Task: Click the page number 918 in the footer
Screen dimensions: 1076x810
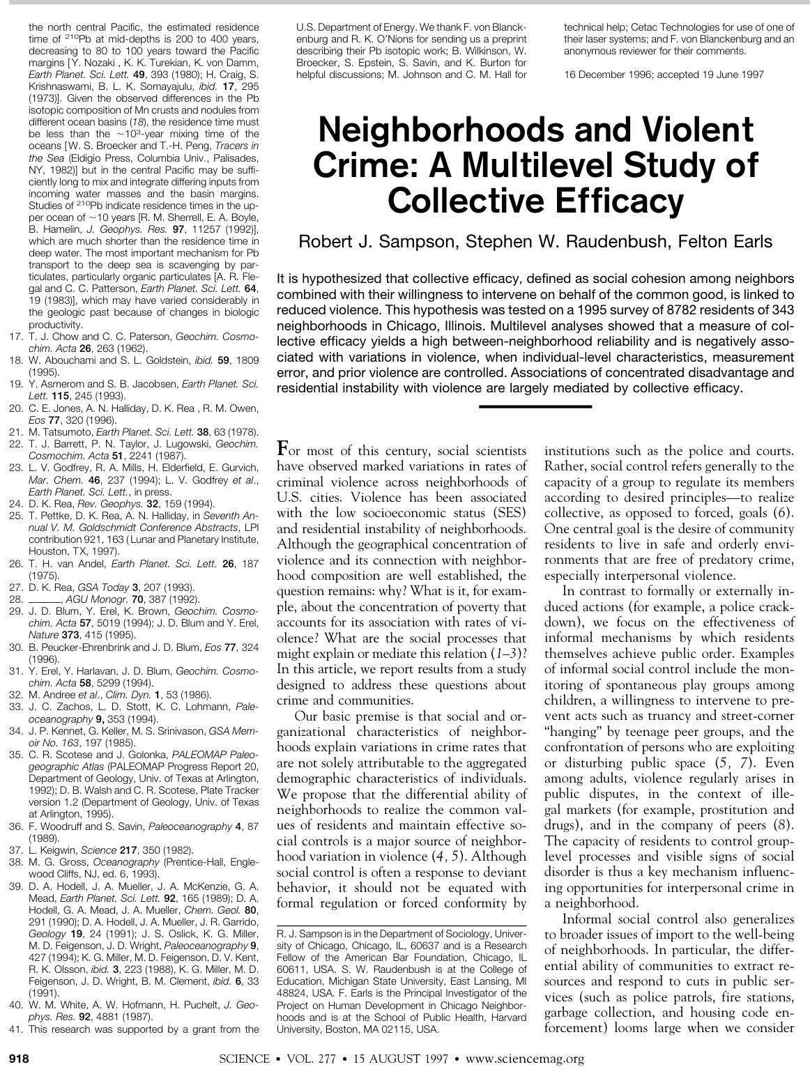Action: [x=17, y=1059]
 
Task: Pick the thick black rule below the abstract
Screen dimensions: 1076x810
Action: [x=535, y=406]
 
